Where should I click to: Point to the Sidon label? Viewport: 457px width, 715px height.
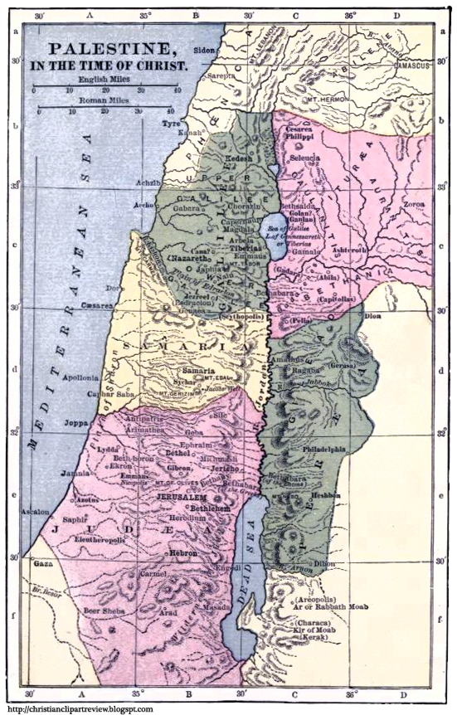203,50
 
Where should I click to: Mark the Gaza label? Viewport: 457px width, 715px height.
43,563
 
